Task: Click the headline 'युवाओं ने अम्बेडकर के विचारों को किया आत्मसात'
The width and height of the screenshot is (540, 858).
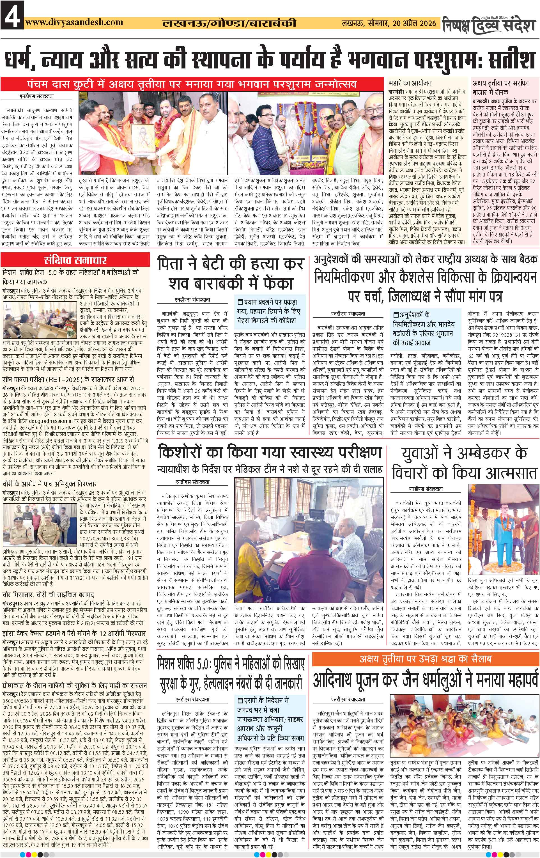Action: [x=465, y=464]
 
